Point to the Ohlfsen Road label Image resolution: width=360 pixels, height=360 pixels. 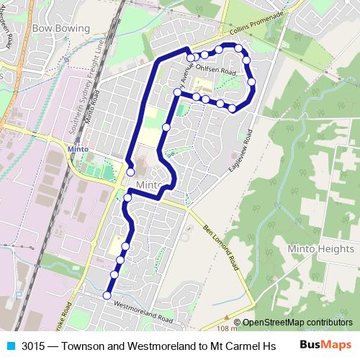(x=217, y=72)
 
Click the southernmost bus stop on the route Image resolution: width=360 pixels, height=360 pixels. (x=107, y=295)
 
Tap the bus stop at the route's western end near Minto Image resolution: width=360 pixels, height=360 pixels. (x=130, y=172)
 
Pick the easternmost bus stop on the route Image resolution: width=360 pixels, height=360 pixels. (x=252, y=82)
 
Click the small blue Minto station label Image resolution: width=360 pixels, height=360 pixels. (x=77, y=149)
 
